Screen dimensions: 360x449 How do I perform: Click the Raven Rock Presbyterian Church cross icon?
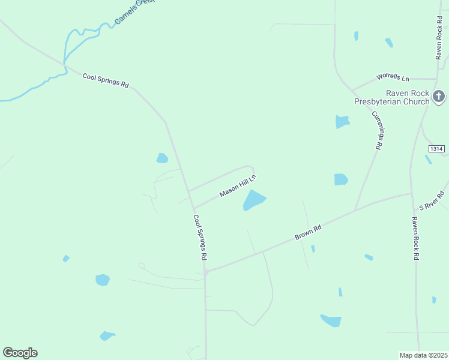tap(439, 96)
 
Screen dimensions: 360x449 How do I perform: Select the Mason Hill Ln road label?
tap(238, 186)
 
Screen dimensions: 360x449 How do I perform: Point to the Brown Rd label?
tap(309, 232)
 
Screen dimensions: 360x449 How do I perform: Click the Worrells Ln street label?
tap(393, 77)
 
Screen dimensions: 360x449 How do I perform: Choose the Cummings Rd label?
tap(377, 130)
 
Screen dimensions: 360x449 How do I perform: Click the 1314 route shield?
tap(436, 148)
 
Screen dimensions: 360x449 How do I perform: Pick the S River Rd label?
tap(432, 200)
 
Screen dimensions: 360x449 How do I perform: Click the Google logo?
tap(20, 353)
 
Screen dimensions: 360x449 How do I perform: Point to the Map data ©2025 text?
tap(423, 355)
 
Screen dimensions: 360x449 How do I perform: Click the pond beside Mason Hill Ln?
tap(254, 200)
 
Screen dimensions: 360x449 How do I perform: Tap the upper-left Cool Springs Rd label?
tap(106, 80)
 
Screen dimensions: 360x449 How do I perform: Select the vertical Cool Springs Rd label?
tap(200, 237)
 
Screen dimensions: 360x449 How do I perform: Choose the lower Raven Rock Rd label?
tap(414, 238)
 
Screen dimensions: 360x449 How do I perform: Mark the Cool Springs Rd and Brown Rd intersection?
tap(205, 272)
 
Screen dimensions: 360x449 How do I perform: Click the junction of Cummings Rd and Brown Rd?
tap(355, 209)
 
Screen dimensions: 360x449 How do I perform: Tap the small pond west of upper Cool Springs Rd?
tap(162, 158)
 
